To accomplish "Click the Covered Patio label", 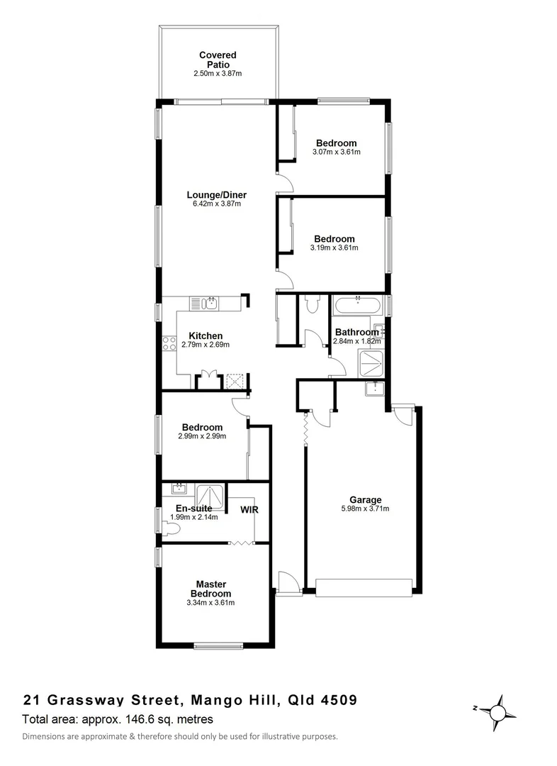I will pos(218,60).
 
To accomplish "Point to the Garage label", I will pos(365,499).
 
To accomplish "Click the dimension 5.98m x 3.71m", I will pos(365,508).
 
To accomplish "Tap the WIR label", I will pos(249,509).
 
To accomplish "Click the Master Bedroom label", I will pos(210,589).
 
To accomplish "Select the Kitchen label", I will pos(206,335).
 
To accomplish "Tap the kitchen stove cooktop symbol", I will pos(169,344).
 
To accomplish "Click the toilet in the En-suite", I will pos(170,528).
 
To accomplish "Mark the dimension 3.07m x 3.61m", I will pos(336,152).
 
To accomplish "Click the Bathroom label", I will pos(356,332).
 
